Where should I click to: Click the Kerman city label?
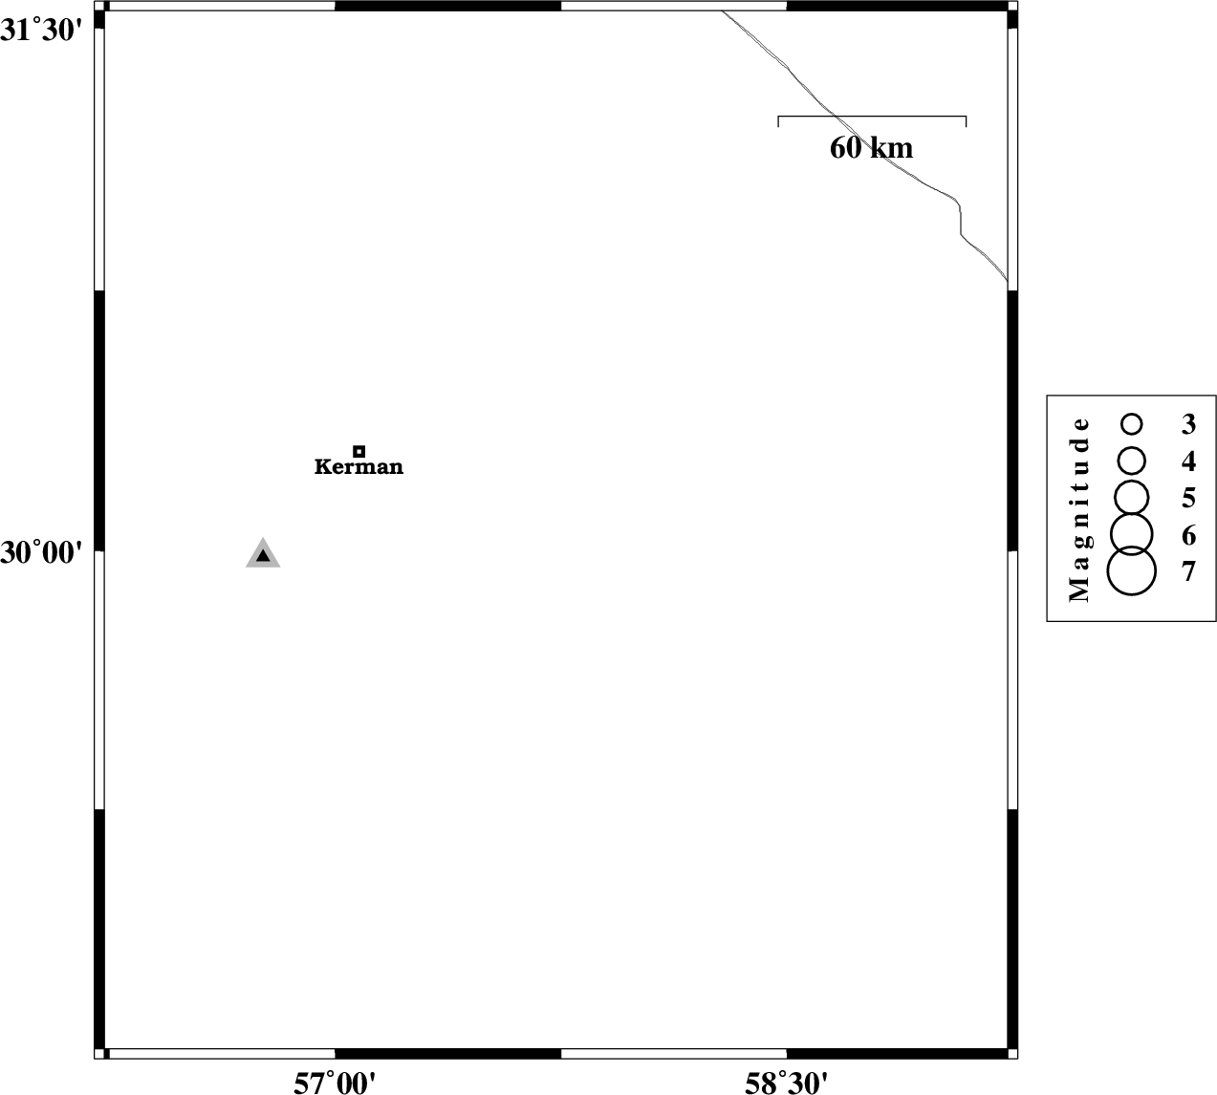pos(359,466)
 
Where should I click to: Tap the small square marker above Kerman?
pos(359,451)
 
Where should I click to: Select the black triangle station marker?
pos(263,554)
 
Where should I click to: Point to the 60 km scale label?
pos(871,148)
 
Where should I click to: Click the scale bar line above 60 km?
pos(872,116)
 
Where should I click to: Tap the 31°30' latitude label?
pos(41,31)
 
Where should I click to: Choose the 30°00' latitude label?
pos(41,552)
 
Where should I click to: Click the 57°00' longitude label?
pos(335,1083)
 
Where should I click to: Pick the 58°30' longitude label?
pos(786,1083)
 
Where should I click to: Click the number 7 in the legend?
pos(1188,571)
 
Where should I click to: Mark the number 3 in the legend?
pos(1188,424)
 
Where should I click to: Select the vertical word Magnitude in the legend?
pos(1079,509)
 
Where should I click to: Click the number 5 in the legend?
pos(1188,498)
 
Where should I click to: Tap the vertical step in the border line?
pos(961,221)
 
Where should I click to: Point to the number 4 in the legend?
pos(1188,462)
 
